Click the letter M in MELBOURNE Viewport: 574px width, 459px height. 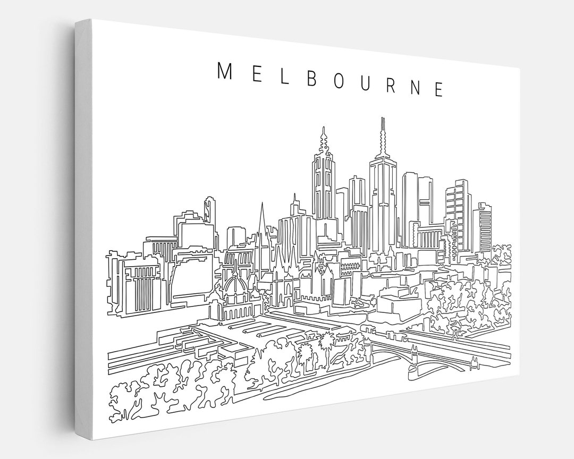pyautogui.click(x=223, y=71)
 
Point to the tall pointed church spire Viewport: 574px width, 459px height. pyautogui.click(x=260, y=220)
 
